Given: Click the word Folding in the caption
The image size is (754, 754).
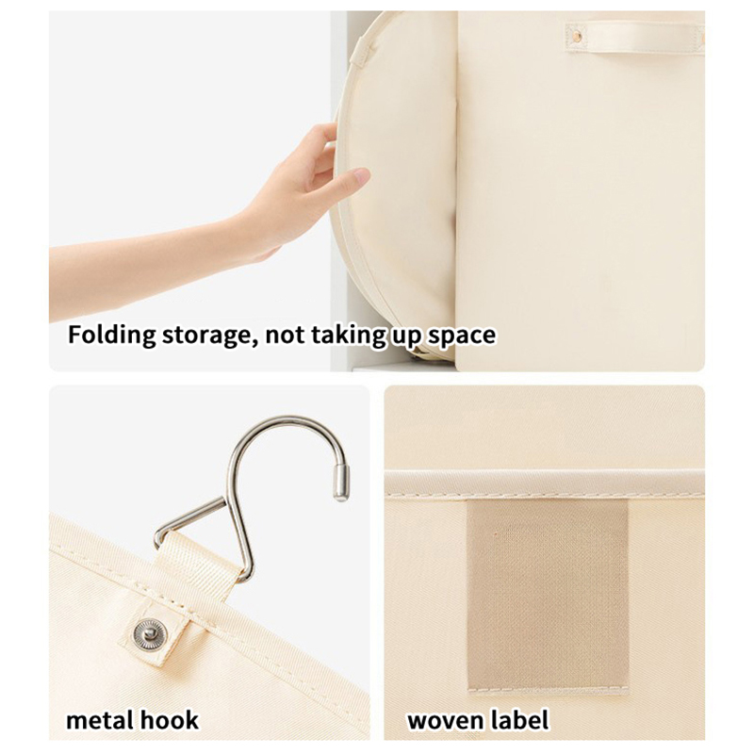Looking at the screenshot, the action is [x=111, y=336].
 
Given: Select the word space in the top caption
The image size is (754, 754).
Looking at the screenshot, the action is [x=462, y=336].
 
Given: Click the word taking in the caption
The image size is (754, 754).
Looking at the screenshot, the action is [x=349, y=336].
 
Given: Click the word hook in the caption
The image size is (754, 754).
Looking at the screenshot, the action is [x=168, y=720].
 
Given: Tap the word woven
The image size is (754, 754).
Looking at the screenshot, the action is [x=446, y=721].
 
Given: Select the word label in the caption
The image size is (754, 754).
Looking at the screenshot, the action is [x=520, y=720].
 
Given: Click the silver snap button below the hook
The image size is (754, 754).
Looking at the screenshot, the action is [x=150, y=632].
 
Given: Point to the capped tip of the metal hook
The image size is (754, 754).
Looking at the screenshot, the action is [x=342, y=483].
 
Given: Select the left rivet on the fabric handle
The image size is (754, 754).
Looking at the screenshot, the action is [x=577, y=36].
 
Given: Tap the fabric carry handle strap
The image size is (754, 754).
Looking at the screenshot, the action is [x=634, y=37].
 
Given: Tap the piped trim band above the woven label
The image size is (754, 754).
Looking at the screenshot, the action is [x=545, y=483].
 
